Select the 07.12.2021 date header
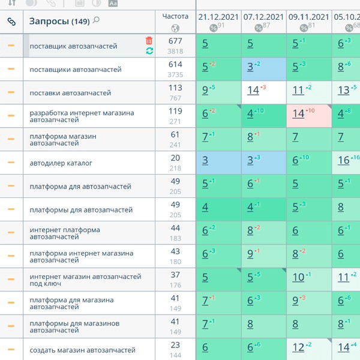click(x=263, y=17)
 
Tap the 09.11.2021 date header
click(x=308, y=17)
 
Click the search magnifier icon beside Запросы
click(x=97, y=21)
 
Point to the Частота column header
click(x=175, y=17)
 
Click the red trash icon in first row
click(x=149, y=41)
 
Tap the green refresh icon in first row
click(x=149, y=52)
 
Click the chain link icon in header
click(x=11, y=22)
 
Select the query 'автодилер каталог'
click(x=61, y=163)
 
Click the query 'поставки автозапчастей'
click(x=70, y=93)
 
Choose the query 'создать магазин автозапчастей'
click(x=82, y=350)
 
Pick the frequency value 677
click(x=175, y=41)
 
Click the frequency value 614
click(x=175, y=64)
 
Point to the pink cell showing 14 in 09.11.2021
click(x=308, y=116)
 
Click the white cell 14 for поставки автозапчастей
click(x=263, y=92)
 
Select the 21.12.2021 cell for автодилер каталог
click(x=218, y=163)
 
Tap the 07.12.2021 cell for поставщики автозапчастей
click(x=263, y=69)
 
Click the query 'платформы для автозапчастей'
click(x=81, y=210)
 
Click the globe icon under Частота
click(x=175, y=28)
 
